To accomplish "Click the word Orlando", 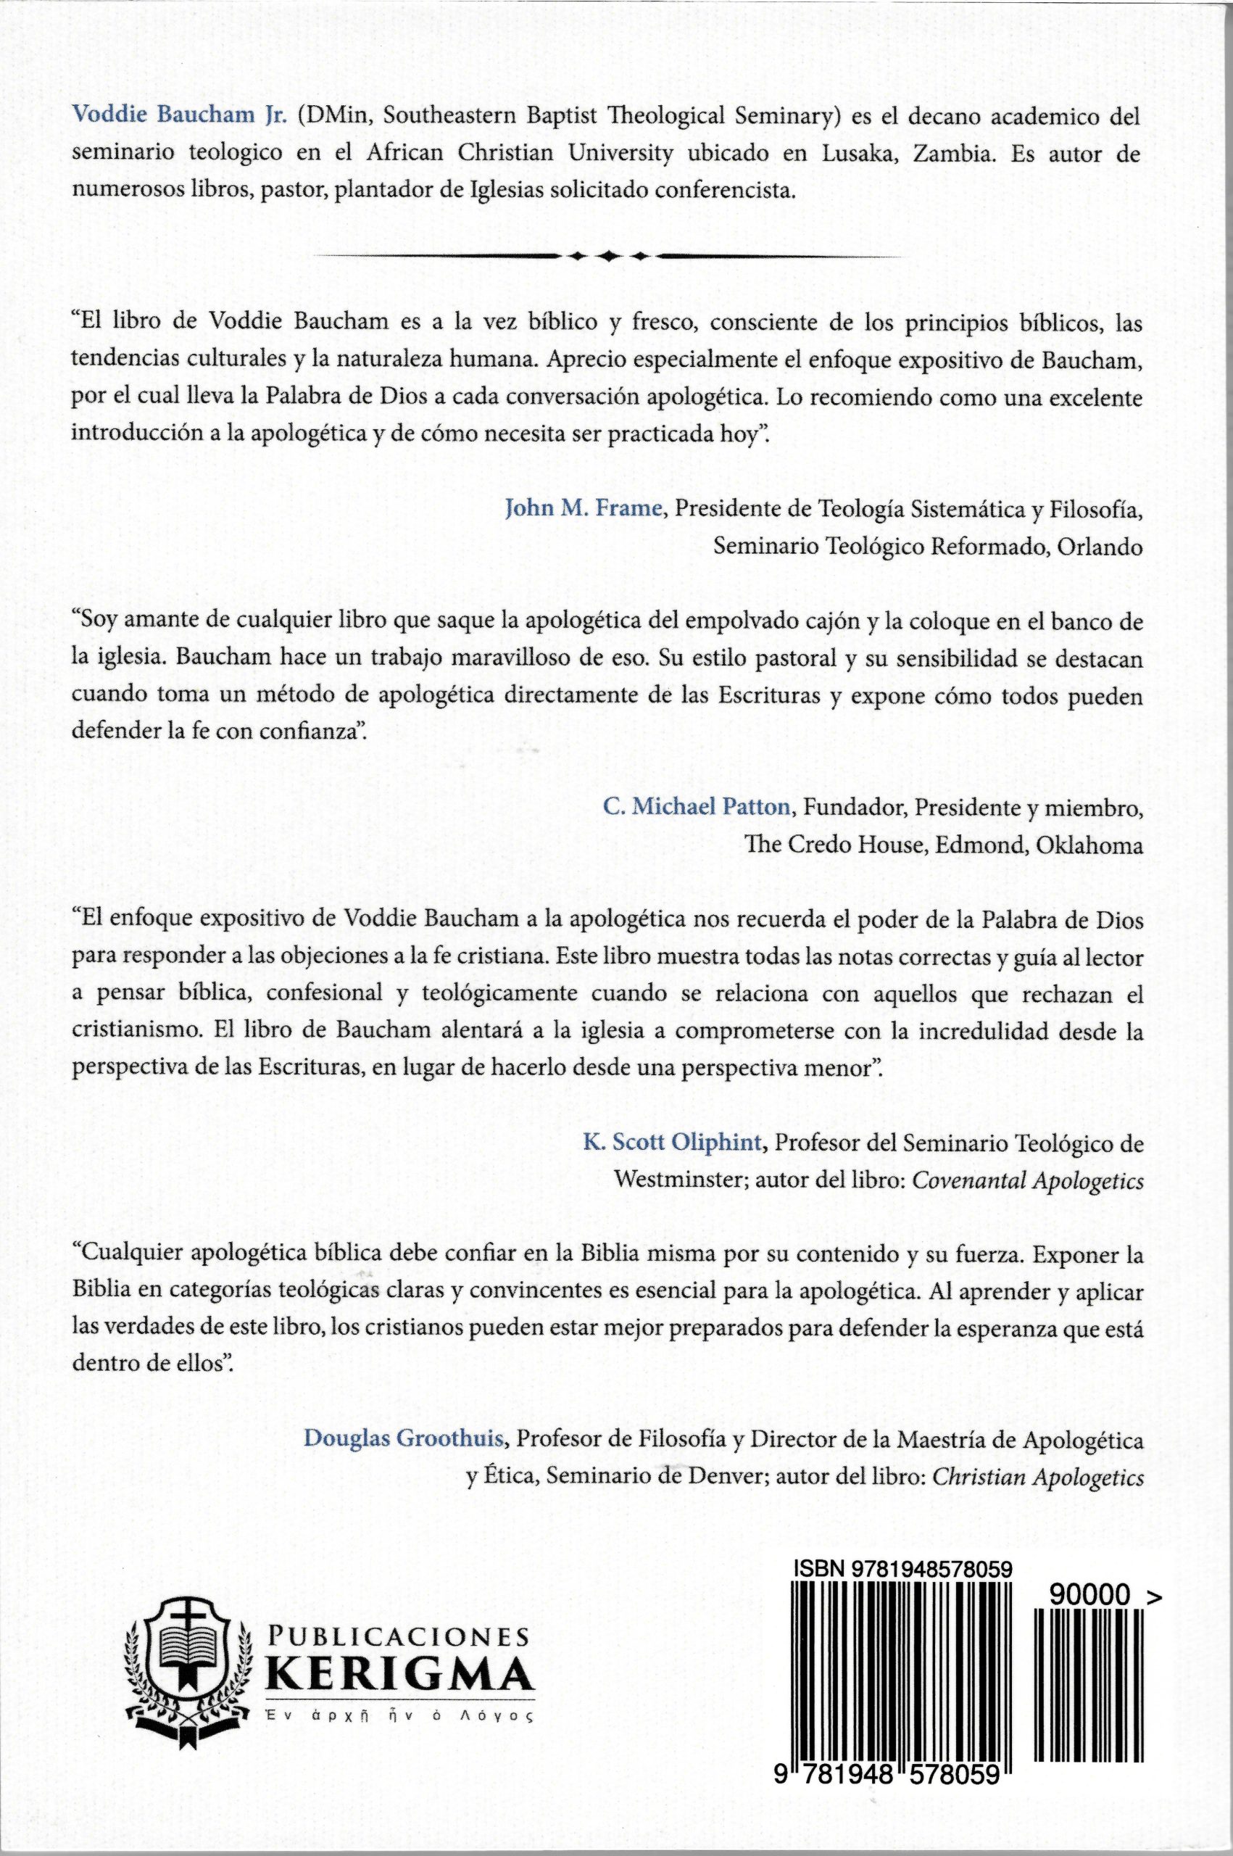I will [x=1100, y=547].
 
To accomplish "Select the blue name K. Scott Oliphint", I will [x=673, y=1143].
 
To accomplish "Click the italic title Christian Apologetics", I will [x=1037, y=1477].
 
